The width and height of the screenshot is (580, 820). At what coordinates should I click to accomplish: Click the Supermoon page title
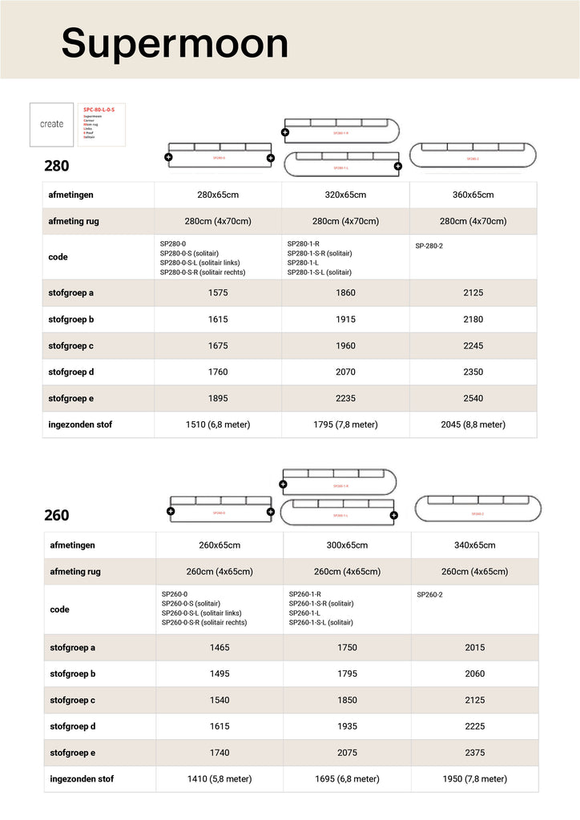point(175,42)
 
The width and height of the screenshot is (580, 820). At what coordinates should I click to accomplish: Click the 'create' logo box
point(51,124)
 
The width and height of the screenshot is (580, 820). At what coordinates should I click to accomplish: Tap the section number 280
point(56,167)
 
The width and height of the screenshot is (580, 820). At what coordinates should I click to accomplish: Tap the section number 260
point(56,516)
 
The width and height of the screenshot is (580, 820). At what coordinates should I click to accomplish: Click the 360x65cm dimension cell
point(473,195)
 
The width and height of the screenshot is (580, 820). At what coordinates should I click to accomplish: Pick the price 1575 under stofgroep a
point(218,293)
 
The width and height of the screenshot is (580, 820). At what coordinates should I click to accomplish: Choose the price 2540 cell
point(473,398)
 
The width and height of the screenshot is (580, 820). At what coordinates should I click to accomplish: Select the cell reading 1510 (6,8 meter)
point(218,424)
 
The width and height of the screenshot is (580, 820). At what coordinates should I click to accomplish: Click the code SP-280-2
point(429,246)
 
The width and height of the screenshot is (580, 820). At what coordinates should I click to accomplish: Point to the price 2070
point(345,372)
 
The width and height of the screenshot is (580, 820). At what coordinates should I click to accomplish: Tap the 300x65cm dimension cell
point(347,545)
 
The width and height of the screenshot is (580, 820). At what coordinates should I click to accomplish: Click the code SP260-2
point(430,595)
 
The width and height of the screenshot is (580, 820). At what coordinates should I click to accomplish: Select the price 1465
point(219,647)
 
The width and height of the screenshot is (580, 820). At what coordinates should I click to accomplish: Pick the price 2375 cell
point(474,753)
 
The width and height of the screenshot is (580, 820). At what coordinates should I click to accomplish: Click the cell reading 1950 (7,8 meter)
point(474,778)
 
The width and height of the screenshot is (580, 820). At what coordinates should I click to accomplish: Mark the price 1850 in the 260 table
point(347,700)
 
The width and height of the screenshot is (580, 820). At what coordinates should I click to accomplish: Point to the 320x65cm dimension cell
point(345,195)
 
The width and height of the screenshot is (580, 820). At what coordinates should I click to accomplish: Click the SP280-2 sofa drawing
point(473,155)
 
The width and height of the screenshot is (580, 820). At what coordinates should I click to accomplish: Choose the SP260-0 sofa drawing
point(220,509)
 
